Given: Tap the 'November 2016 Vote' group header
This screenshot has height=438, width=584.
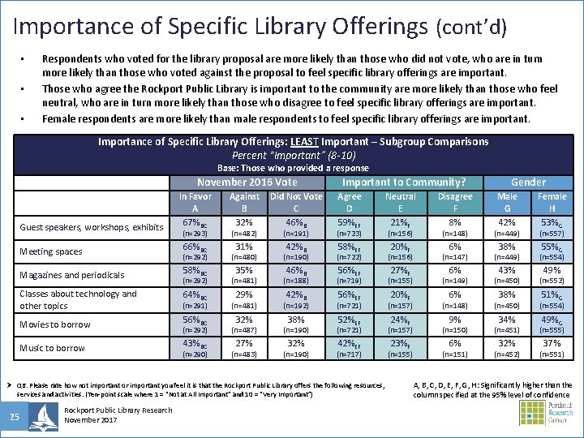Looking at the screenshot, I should pos(247,182).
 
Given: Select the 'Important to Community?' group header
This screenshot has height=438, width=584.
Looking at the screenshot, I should pos(404,182).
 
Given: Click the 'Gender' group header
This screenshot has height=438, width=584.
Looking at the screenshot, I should pos(528,182).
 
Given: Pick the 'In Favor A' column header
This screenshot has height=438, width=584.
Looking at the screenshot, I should pos(195,202).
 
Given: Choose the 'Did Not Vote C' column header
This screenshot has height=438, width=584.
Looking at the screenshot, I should pos(296,202).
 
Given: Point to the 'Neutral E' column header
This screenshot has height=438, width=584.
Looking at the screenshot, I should pos(400,202).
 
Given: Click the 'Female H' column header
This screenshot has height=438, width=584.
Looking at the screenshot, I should pos(552,202).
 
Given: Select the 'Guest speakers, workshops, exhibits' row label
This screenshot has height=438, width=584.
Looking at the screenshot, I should pos(91,227).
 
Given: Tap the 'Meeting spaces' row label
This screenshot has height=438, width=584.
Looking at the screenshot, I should pos(51,251).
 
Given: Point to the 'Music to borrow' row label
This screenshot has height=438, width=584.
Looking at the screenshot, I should pos(52,348).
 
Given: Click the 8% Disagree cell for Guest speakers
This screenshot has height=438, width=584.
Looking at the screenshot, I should pos(455,222).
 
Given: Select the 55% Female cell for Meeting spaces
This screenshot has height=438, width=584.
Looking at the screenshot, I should pos(552,247).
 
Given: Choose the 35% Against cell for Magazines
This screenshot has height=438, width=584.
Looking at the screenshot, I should pos(244,271).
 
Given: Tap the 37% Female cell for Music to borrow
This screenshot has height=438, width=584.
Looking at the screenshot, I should pos(552,343).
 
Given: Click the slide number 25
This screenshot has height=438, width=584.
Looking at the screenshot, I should pos(15,417).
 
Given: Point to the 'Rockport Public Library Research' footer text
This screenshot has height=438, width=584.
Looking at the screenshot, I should pos(118,410).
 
